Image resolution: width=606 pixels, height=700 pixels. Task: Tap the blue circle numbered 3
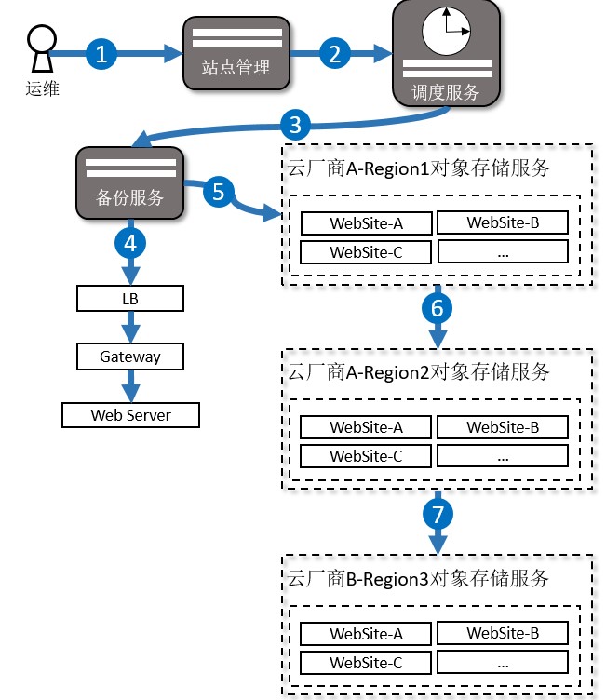pos(295,122)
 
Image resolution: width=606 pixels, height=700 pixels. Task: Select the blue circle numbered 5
pos(218,192)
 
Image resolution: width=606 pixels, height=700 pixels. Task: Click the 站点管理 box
pos(236,53)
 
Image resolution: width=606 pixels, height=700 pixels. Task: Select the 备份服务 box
pos(130,183)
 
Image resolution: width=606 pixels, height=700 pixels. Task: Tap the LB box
pos(130,299)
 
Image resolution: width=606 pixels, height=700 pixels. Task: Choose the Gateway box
pos(130,357)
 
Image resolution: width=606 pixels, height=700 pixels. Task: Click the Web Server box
pos(130,415)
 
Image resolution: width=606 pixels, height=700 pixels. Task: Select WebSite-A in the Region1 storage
pos(366,223)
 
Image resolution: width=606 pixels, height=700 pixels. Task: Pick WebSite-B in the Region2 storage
pos(503,427)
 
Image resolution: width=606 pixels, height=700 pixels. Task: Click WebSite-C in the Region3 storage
pos(366,663)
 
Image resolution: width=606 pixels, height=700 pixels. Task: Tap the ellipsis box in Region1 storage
pos(503,252)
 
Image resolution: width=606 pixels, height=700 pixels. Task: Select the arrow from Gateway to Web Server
pos(130,385)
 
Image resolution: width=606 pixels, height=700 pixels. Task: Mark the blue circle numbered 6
pos(438,307)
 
